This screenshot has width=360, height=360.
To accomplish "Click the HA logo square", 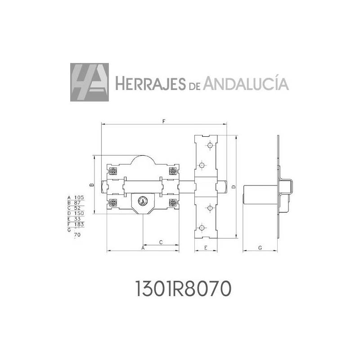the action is (x=90, y=82).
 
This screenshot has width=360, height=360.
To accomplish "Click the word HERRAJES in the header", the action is (x=150, y=84).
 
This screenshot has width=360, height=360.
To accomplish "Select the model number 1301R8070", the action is (x=183, y=288).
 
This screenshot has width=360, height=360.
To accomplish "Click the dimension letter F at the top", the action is (x=164, y=121).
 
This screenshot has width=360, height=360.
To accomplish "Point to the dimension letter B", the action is (x=91, y=185).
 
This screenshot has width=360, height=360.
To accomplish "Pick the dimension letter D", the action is (x=234, y=187).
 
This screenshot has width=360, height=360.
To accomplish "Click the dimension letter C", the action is (x=161, y=242).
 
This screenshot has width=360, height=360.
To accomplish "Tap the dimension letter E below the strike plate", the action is (x=206, y=248).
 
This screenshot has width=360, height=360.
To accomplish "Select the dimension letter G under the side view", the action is (x=260, y=248).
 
